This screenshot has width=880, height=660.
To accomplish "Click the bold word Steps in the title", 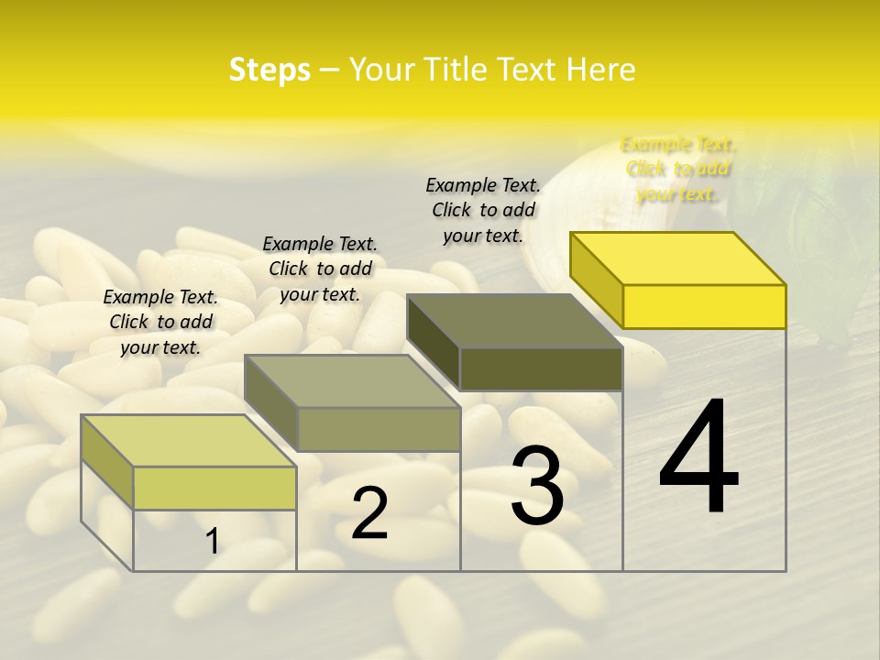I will pos(269,70).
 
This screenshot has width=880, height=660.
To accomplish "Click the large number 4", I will pos(698,458).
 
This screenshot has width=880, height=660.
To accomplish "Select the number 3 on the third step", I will pos(537,485).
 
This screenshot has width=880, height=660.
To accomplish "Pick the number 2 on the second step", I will pos(369,513).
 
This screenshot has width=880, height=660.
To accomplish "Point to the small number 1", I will pos(213,541).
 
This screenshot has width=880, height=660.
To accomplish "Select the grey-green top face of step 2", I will pos(353,381).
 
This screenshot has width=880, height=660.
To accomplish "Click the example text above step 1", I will pos(160,322).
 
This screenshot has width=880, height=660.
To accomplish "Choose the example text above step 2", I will pos(320,269).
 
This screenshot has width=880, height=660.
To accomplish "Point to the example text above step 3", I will pos(483,210).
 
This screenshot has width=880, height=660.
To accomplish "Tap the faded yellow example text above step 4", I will pos(678,169).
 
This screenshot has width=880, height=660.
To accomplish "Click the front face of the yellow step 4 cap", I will pos(704,306).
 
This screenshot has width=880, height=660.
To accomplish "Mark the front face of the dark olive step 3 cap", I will pos(541,368).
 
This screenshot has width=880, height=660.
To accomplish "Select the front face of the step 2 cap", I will pos(379,429).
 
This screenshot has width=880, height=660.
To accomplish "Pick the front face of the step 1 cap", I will pos(214,488).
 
